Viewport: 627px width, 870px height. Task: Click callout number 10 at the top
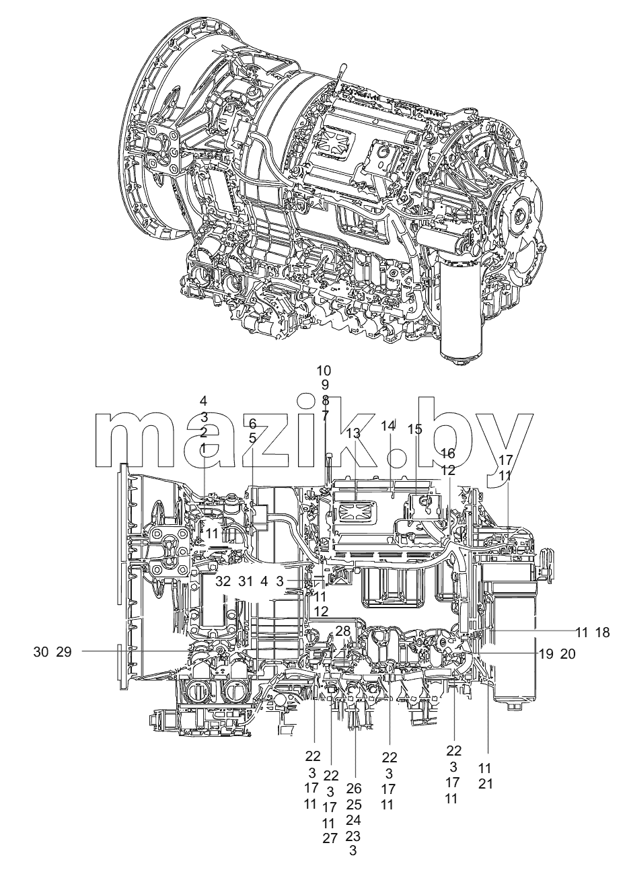[x=324, y=371]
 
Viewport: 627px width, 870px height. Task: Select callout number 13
[x=353, y=434]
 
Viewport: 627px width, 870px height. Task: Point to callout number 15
[x=414, y=429]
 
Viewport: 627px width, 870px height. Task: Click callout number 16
[x=447, y=453]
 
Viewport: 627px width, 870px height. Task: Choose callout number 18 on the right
[x=602, y=632]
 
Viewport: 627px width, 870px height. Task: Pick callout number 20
[x=568, y=654]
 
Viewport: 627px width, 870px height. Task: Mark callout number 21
[x=485, y=784]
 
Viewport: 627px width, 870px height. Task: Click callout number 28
[x=343, y=630]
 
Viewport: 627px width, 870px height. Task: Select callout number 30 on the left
[x=41, y=652]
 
